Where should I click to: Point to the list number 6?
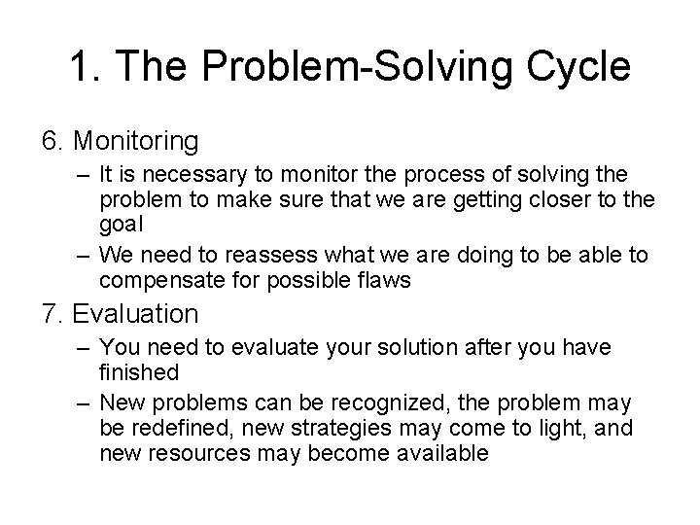tap(52, 142)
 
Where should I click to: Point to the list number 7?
tap(52, 315)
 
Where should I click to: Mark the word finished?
tap(139, 371)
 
